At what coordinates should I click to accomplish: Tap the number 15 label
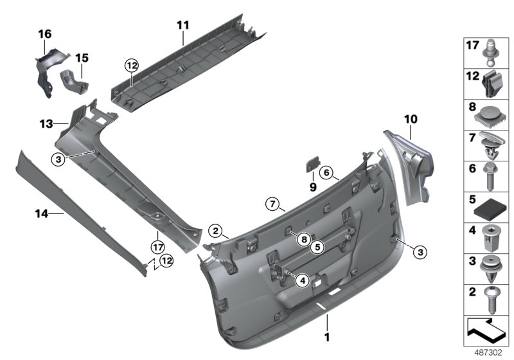(x=82, y=57)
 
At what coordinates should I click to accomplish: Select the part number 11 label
(x=183, y=25)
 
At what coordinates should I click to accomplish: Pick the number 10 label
(x=411, y=118)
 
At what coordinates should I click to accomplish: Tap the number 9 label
(x=314, y=186)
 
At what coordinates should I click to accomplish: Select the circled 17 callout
(x=157, y=245)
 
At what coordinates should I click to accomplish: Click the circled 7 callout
(x=273, y=205)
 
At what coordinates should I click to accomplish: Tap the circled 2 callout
(x=217, y=231)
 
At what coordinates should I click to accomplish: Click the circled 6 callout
(x=326, y=172)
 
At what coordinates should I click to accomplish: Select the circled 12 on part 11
(x=131, y=65)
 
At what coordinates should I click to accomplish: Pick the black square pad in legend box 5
(x=491, y=211)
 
